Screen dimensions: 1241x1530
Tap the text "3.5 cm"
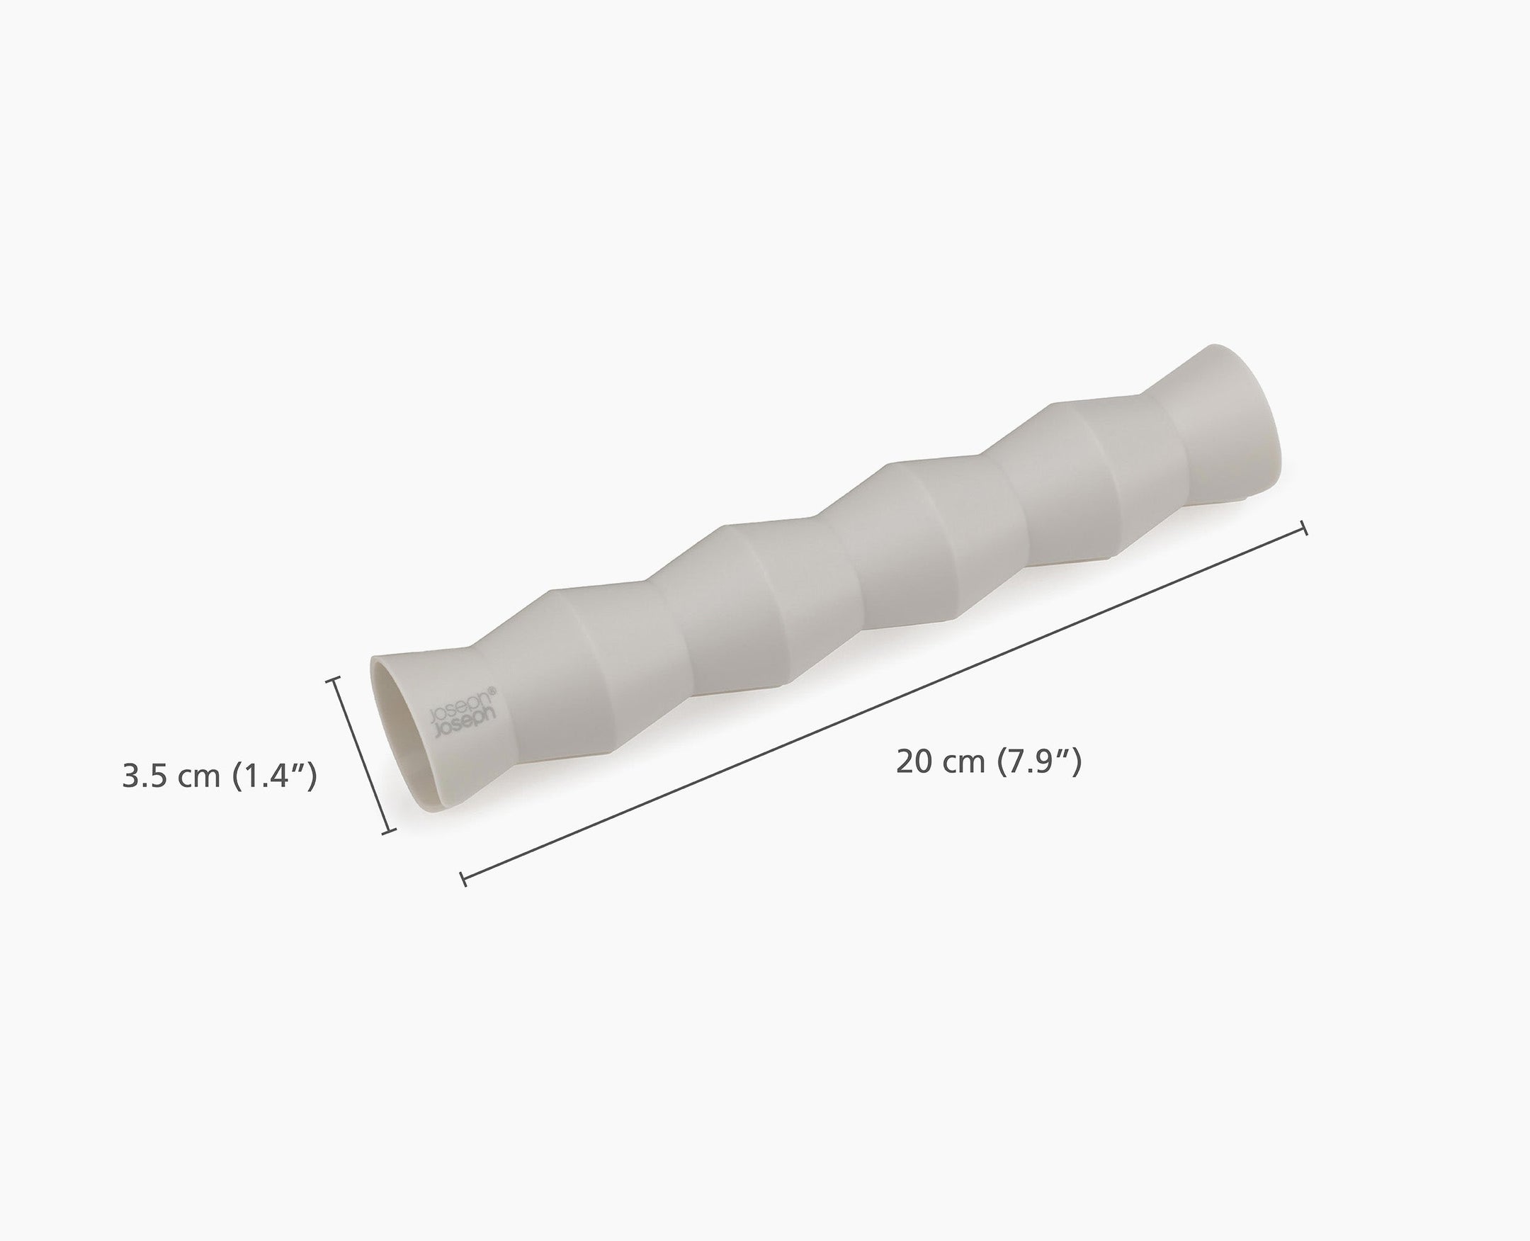click(171, 776)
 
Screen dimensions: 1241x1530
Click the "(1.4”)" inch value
click(276, 776)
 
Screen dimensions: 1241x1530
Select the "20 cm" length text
click(940, 762)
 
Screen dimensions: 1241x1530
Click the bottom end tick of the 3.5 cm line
click(388, 832)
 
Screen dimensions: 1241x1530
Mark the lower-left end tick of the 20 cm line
click(463, 878)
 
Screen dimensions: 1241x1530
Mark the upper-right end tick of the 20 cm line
click(1305, 528)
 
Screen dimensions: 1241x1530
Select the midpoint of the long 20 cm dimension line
click(885, 703)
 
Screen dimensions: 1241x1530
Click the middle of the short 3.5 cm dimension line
click(361, 756)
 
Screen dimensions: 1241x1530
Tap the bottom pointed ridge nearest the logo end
click(611, 751)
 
